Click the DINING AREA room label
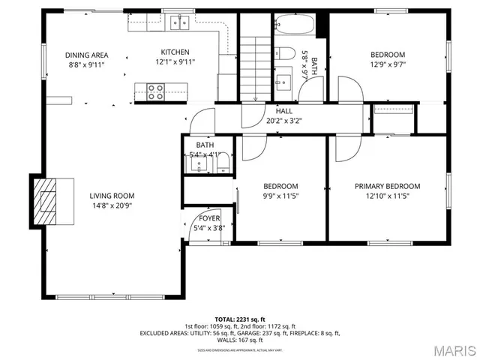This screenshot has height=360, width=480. [x=86, y=55]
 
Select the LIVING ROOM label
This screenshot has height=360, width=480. [x=112, y=196]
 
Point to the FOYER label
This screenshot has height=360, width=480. [x=209, y=218]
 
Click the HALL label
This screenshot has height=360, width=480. [x=283, y=110]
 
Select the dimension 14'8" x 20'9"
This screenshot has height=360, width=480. [x=112, y=205]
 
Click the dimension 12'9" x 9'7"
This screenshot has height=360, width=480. [x=387, y=64]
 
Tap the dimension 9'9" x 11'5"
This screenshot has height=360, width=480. [x=280, y=196]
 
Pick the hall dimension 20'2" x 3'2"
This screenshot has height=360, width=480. [x=283, y=120]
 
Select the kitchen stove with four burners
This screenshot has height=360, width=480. [x=155, y=91]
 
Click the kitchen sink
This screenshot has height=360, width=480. [x=178, y=23]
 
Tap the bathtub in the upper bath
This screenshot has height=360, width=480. [x=294, y=26]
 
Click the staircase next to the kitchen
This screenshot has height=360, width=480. [x=254, y=67]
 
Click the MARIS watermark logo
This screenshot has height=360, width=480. [x=449, y=349]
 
